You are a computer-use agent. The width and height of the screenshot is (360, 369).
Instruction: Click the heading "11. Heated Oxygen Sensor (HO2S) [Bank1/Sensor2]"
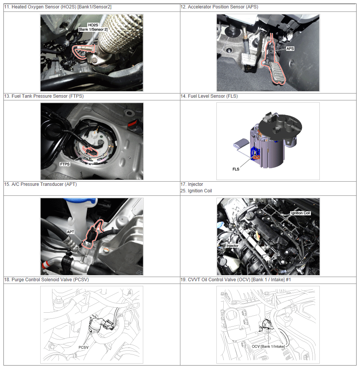coord(58,7)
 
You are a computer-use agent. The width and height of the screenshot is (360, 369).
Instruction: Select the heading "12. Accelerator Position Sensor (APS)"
coord(219,7)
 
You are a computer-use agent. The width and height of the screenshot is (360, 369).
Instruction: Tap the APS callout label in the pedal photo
coord(290,49)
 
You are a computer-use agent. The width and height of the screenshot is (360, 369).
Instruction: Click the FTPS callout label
coord(65,164)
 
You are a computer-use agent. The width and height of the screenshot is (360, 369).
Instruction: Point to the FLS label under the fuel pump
coord(236,169)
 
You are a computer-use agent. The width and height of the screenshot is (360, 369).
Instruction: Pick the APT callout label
coord(70,232)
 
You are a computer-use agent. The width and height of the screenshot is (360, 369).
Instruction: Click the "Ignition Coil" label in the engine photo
coord(301,213)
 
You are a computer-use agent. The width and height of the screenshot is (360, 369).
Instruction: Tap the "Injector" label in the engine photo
coord(232,246)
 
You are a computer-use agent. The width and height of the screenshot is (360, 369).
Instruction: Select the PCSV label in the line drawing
coord(83,347)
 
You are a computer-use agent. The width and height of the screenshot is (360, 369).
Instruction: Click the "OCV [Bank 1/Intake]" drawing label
coord(268,346)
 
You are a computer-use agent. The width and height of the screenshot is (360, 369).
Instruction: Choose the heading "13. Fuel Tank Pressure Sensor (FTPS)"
coord(44,96)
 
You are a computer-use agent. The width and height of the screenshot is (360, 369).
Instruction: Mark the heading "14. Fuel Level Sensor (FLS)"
coord(209,96)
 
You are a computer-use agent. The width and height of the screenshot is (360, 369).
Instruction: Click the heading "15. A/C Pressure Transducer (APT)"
coord(41,184)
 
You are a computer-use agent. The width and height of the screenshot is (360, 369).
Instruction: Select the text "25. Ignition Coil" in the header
coord(196,190)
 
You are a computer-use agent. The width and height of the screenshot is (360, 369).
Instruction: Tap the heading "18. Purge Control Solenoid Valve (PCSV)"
coord(47,280)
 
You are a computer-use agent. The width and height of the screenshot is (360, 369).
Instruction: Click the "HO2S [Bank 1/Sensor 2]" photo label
coord(93,27)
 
